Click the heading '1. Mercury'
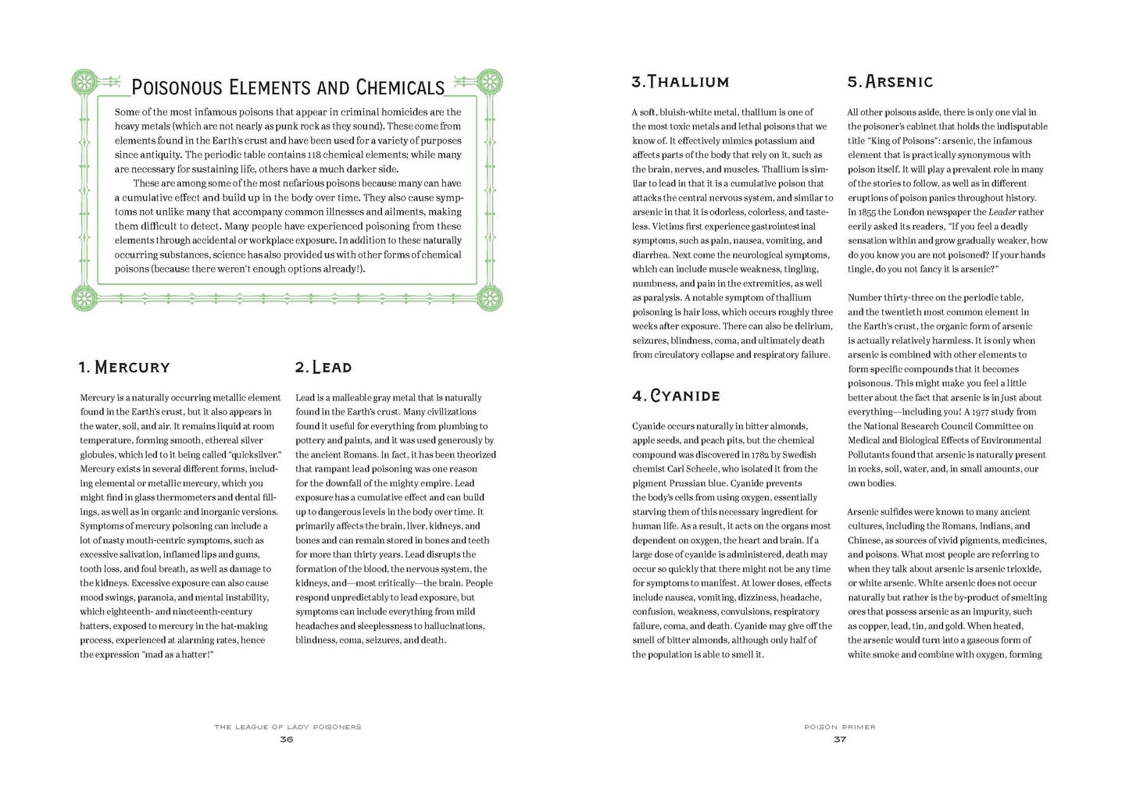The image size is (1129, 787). click(124, 367)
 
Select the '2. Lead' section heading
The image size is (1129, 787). click(323, 367)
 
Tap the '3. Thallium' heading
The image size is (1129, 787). click(680, 82)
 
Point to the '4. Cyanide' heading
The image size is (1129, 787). click(676, 396)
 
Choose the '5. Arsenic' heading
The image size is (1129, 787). click(890, 82)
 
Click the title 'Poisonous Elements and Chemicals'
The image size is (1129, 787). click(288, 87)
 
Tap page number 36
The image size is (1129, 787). click(287, 739)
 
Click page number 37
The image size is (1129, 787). click(840, 739)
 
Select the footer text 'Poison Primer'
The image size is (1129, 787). click(840, 727)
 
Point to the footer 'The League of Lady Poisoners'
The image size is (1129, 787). click(288, 727)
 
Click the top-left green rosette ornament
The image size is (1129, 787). click(84, 81)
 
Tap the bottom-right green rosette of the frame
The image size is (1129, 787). click(490, 297)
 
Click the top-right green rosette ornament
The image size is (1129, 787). click(490, 81)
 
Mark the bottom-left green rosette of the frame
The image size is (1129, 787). click(84, 297)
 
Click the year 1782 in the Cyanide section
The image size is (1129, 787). click(760, 454)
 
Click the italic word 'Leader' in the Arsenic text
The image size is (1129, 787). click(1002, 212)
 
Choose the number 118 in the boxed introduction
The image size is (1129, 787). click(314, 155)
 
